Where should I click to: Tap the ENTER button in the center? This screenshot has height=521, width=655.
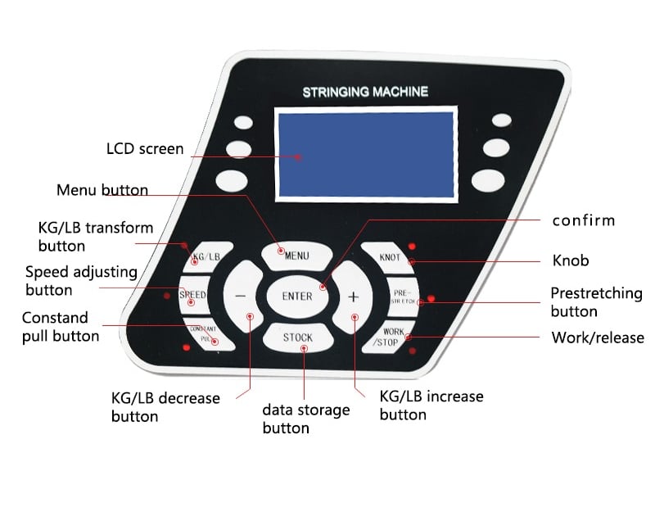click(297, 297)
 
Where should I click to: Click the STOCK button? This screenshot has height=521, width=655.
click(298, 338)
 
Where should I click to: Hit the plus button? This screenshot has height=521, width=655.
click(354, 297)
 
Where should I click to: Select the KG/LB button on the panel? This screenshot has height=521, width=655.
click(205, 257)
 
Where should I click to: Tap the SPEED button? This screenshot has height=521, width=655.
click(194, 295)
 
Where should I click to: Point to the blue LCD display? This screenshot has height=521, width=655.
click(364, 154)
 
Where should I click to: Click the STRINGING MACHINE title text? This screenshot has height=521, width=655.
click(365, 92)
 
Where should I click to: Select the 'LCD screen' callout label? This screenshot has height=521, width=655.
click(145, 149)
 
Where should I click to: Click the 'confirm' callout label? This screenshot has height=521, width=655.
click(583, 220)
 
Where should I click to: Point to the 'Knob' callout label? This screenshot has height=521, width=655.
click(570, 261)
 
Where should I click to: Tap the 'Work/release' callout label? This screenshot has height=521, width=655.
click(598, 338)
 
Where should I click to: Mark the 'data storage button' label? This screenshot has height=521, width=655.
click(305, 419)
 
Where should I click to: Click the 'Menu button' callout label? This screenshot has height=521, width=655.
click(102, 190)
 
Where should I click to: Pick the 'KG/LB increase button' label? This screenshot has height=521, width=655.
click(431, 405)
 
